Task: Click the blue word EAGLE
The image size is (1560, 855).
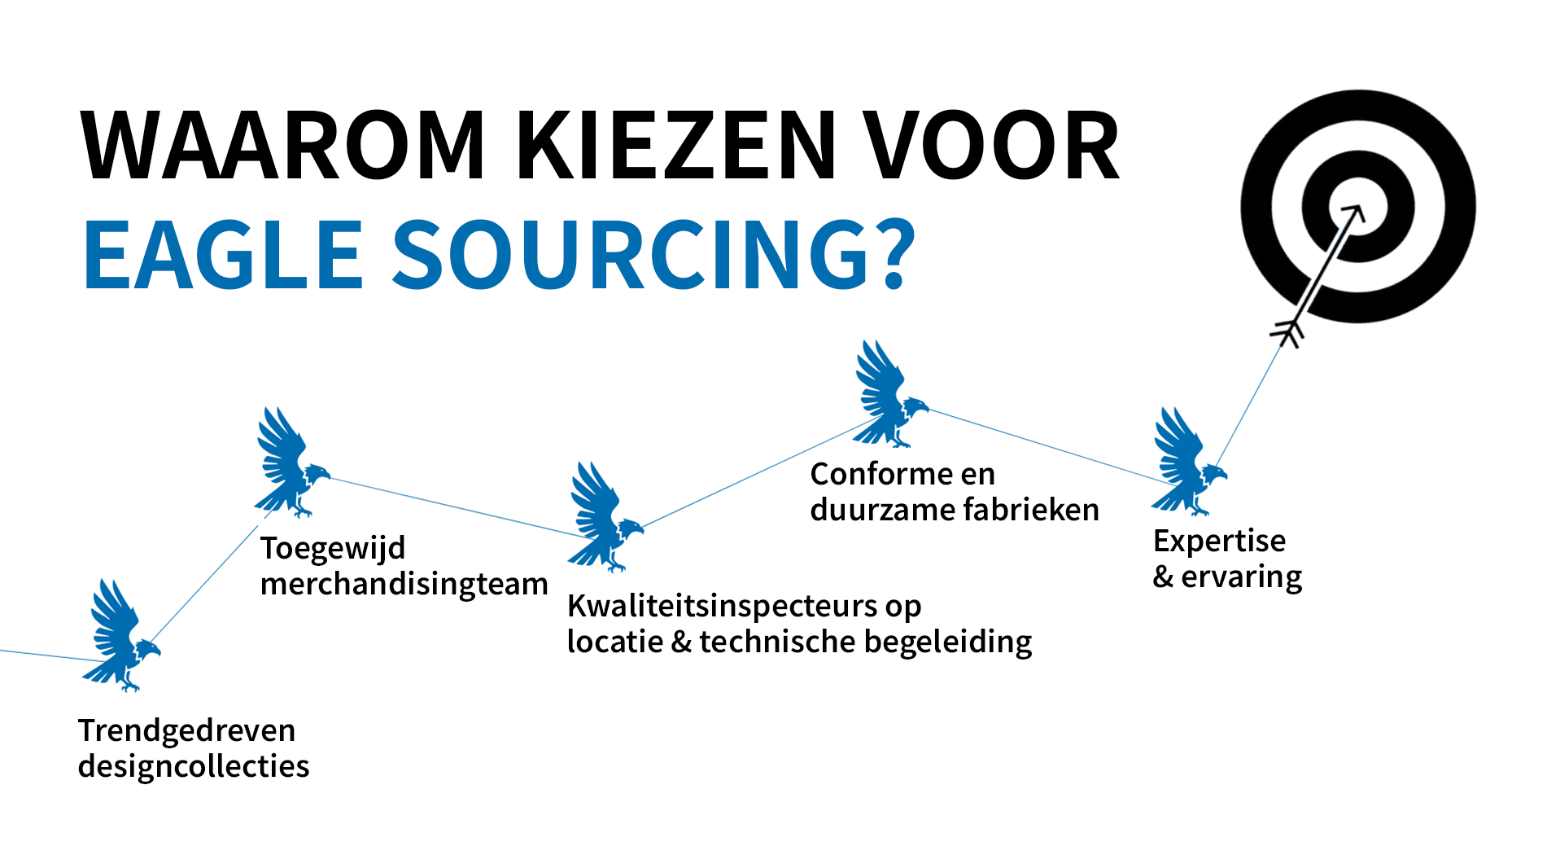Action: coord(223,255)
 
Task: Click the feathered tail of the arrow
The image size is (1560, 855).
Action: coord(1287,331)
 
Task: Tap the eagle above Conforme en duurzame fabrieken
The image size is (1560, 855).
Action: coord(889,396)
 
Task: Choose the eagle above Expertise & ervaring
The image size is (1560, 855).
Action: coord(1186,463)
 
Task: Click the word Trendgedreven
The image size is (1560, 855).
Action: coord(186,730)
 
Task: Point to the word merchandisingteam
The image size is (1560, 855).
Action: coord(404,584)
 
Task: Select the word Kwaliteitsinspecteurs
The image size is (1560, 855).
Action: coord(722,606)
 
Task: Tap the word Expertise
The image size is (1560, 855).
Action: coord(1219,541)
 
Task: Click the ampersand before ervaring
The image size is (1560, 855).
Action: coord(1163,577)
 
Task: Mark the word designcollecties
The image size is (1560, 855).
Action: coord(194,766)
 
